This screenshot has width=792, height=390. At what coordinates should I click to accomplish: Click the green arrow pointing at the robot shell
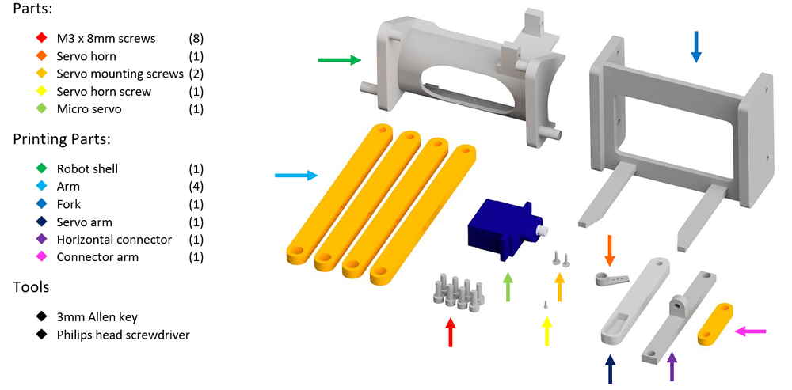339,59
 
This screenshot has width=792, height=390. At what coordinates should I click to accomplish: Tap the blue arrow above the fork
696,47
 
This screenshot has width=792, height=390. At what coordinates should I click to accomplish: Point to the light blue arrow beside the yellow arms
296,176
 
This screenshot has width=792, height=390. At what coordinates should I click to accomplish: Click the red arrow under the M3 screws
451,331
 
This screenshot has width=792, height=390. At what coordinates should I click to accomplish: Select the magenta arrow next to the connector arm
750,331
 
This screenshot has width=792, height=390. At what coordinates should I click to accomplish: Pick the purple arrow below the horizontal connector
672,368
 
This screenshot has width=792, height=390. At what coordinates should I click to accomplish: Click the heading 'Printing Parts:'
61,139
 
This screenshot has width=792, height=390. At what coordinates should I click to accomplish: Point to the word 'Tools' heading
31,286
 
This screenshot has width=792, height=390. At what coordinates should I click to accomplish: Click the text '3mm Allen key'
97,317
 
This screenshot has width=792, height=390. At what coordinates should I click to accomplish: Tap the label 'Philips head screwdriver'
123,335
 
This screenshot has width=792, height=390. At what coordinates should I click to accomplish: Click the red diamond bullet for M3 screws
40,38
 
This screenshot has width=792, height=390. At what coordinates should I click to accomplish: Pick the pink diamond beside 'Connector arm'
40,257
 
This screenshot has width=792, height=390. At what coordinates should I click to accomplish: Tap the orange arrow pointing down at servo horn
609,249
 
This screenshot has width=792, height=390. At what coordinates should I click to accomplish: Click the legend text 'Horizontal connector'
114,240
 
